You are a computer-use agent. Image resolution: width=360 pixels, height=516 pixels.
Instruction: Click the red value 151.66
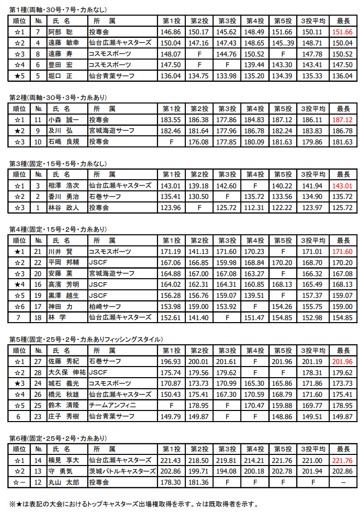pyautogui.click(x=343, y=32)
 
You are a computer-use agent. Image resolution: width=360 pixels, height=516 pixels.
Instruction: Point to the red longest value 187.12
pyautogui.click(x=343, y=120)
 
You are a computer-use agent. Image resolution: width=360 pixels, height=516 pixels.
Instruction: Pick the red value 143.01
pyautogui.click(x=343, y=185)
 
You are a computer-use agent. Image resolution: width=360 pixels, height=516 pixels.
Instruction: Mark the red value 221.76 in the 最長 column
pyautogui.click(x=343, y=460)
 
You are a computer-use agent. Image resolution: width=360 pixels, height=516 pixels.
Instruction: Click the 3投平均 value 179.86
pyautogui.click(x=315, y=142)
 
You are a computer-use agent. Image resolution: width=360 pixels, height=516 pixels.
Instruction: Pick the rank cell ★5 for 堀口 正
pyautogui.click(x=19, y=76)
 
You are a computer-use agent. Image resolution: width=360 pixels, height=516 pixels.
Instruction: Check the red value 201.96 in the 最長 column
pyautogui.click(x=343, y=361)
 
